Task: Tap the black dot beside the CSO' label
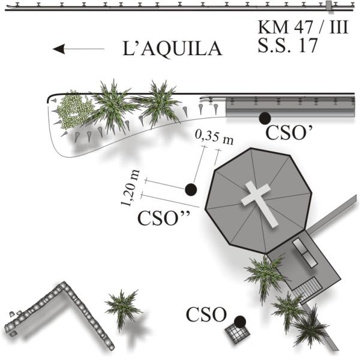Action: click(x=263, y=119)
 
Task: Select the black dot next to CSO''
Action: click(x=191, y=190)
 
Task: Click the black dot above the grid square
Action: click(x=239, y=322)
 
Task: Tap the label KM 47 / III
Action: click(x=302, y=28)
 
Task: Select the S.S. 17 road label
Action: click(x=287, y=46)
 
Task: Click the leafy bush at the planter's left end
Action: click(x=73, y=110)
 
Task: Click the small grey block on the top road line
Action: click(x=329, y=6)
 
